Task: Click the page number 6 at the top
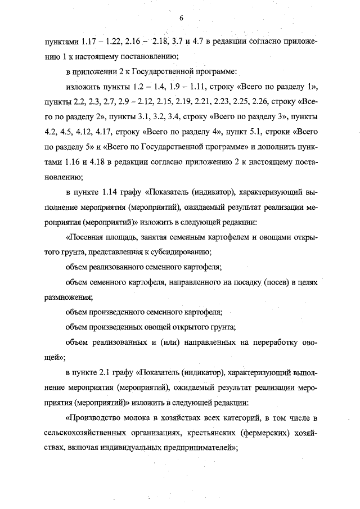(182, 18)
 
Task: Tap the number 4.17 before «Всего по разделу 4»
(101, 132)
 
